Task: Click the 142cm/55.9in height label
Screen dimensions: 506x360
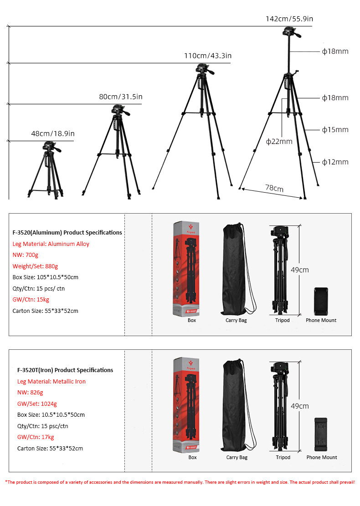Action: tap(289, 19)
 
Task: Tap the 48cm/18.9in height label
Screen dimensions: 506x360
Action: tap(53, 133)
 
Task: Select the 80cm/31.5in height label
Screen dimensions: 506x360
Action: tap(121, 97)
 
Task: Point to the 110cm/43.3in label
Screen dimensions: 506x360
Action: tap(208, 56)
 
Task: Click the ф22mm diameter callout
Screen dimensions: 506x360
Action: tap(279, 141)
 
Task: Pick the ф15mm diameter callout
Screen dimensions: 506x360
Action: tap(335, 130)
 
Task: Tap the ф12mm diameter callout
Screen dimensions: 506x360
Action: tap(335, 162)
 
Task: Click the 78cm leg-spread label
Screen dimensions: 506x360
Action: tap(274, 189)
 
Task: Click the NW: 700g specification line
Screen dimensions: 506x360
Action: tap(26, 255)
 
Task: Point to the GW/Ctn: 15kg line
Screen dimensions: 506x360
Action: tap(30, 300)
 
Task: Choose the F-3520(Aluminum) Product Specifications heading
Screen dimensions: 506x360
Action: tap(67, 232)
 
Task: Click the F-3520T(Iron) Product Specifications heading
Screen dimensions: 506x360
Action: tap(65, 370)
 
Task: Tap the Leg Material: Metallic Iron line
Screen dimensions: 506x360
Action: tap(51, 381)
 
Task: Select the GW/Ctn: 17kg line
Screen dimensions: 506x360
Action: tap(36, 437)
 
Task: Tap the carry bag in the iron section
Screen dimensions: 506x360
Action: tap(237, 405)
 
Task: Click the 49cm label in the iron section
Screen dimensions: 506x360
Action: tap(300, 406)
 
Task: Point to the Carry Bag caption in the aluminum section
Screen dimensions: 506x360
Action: tap(236, 320)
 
